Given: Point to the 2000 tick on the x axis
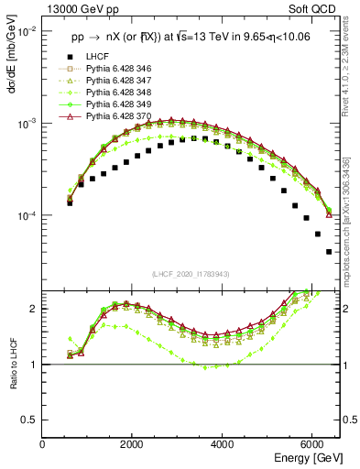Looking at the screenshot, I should coord(133,444).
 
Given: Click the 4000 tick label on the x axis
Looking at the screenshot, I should coord(223,444).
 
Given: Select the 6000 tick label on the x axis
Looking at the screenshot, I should coord(312,444).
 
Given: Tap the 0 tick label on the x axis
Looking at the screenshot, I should coord(43,444).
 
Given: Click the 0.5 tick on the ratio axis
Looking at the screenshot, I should coord(31,420).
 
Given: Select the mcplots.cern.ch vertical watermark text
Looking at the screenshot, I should coord(352,220).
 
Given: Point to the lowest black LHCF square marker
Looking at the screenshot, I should coord(329,252).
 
